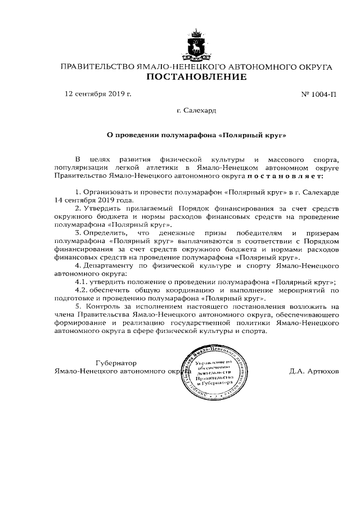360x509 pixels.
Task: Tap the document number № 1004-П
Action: click(x=319, y=94)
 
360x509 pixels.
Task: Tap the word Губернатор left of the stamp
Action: click(x=116, y=363)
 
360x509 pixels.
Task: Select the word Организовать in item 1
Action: click(x=109, y=192)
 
